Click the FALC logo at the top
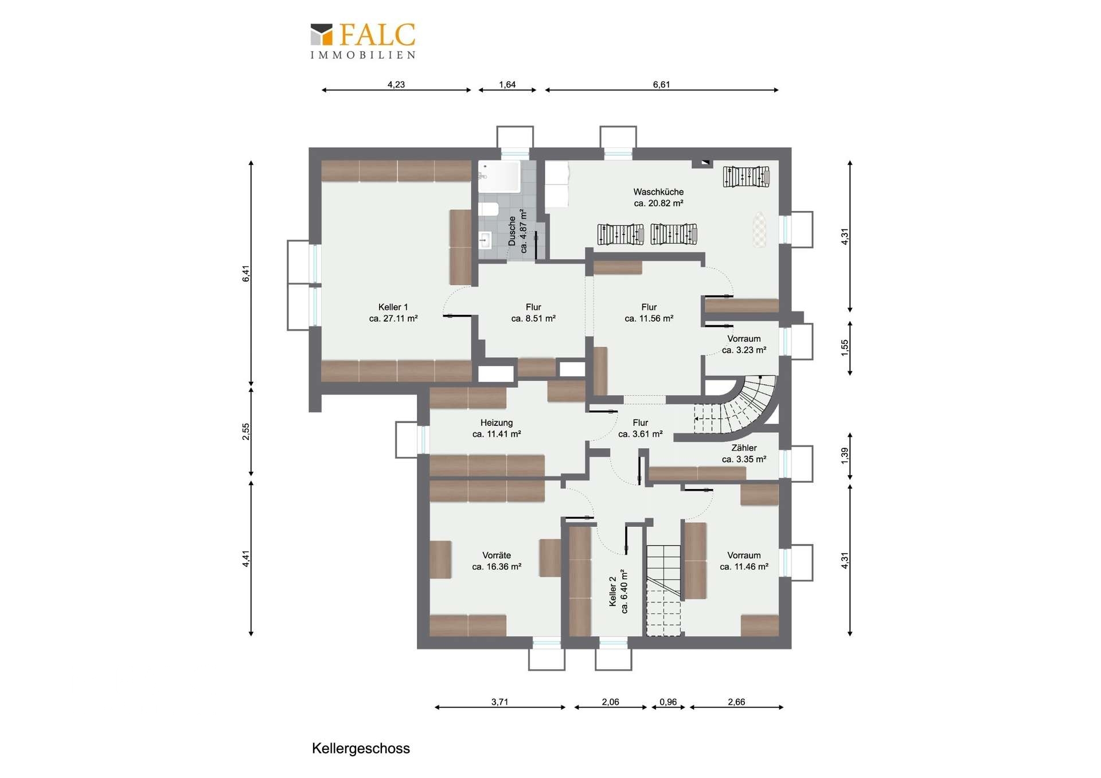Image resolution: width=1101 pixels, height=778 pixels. pyautogui.click(x=362, y=41)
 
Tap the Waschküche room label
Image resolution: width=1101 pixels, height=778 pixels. pyautogui.click(x=658, y=197)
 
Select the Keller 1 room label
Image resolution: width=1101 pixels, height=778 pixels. pyautogui.click(x=393, y=312)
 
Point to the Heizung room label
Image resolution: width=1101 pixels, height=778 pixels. pyautogui.click(x=497, y=428)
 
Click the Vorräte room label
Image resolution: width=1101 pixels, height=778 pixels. pyautogui.click(x=497, y=561)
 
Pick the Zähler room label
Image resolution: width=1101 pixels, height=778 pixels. pyautogui.click(x=744, y=453)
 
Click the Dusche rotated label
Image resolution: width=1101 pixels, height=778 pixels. pyautogui.click(x=517, y=231)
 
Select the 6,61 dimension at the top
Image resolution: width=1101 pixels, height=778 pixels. pyautogui.click(x=661, y=84)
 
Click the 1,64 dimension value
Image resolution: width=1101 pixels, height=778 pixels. pyautogui.click(x=507, y=84)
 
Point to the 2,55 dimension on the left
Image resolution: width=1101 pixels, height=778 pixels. pyautogui.click(x=245, y=431)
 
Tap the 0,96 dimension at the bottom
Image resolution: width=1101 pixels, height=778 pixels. pyautogui.click(x=668, y=702)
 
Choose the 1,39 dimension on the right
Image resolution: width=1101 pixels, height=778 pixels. pyautogui.click(x=844, y=456)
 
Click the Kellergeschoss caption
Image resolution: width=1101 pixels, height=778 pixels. pyautogui.click(x=361, y=748)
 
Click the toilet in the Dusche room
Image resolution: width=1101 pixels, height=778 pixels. pyautogui.click(x=489, y=208)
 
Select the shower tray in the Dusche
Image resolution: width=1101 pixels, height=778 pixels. pyautogui.click(x=499, y=177)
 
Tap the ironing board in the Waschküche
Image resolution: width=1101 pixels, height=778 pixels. pyautogui.click(x=759, y=229)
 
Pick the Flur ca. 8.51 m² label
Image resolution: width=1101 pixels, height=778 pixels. pyautogui.click(x=533, y=312)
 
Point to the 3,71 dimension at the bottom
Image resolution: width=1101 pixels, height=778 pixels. pyautogui.click(x=499, y=702)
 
